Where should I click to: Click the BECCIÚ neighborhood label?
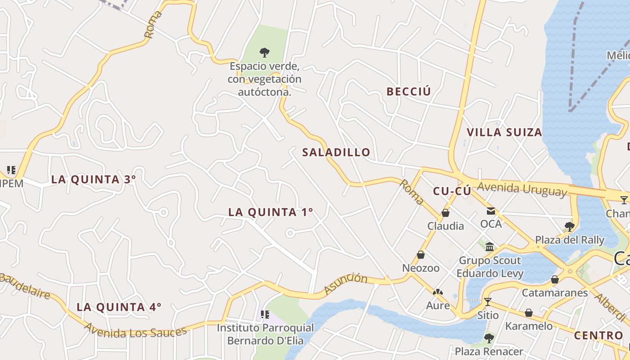click(409, 91)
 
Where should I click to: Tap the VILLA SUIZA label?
click(504, 132)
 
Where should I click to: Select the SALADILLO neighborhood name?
click(336, 152)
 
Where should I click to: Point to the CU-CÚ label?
click(452, 191)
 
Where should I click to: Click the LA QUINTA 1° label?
click(270, 212)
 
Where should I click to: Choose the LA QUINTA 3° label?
click(94, 179)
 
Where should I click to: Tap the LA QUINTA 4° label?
click(119, 307)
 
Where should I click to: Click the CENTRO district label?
click(598, 335)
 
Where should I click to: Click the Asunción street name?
click(345, 283)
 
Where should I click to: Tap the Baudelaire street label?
click(25, 285)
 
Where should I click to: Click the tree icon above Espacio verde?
click(265, 53)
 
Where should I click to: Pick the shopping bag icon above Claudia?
click(445, 213)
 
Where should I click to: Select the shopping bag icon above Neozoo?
click(421, 255)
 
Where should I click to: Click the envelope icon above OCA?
click(490, 211)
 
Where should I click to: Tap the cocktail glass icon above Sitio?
click(487, 301)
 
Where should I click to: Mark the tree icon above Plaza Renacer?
click(489, 338)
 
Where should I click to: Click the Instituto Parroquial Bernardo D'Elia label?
click(265, 334)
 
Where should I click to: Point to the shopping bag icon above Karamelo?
click(529, 312)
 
